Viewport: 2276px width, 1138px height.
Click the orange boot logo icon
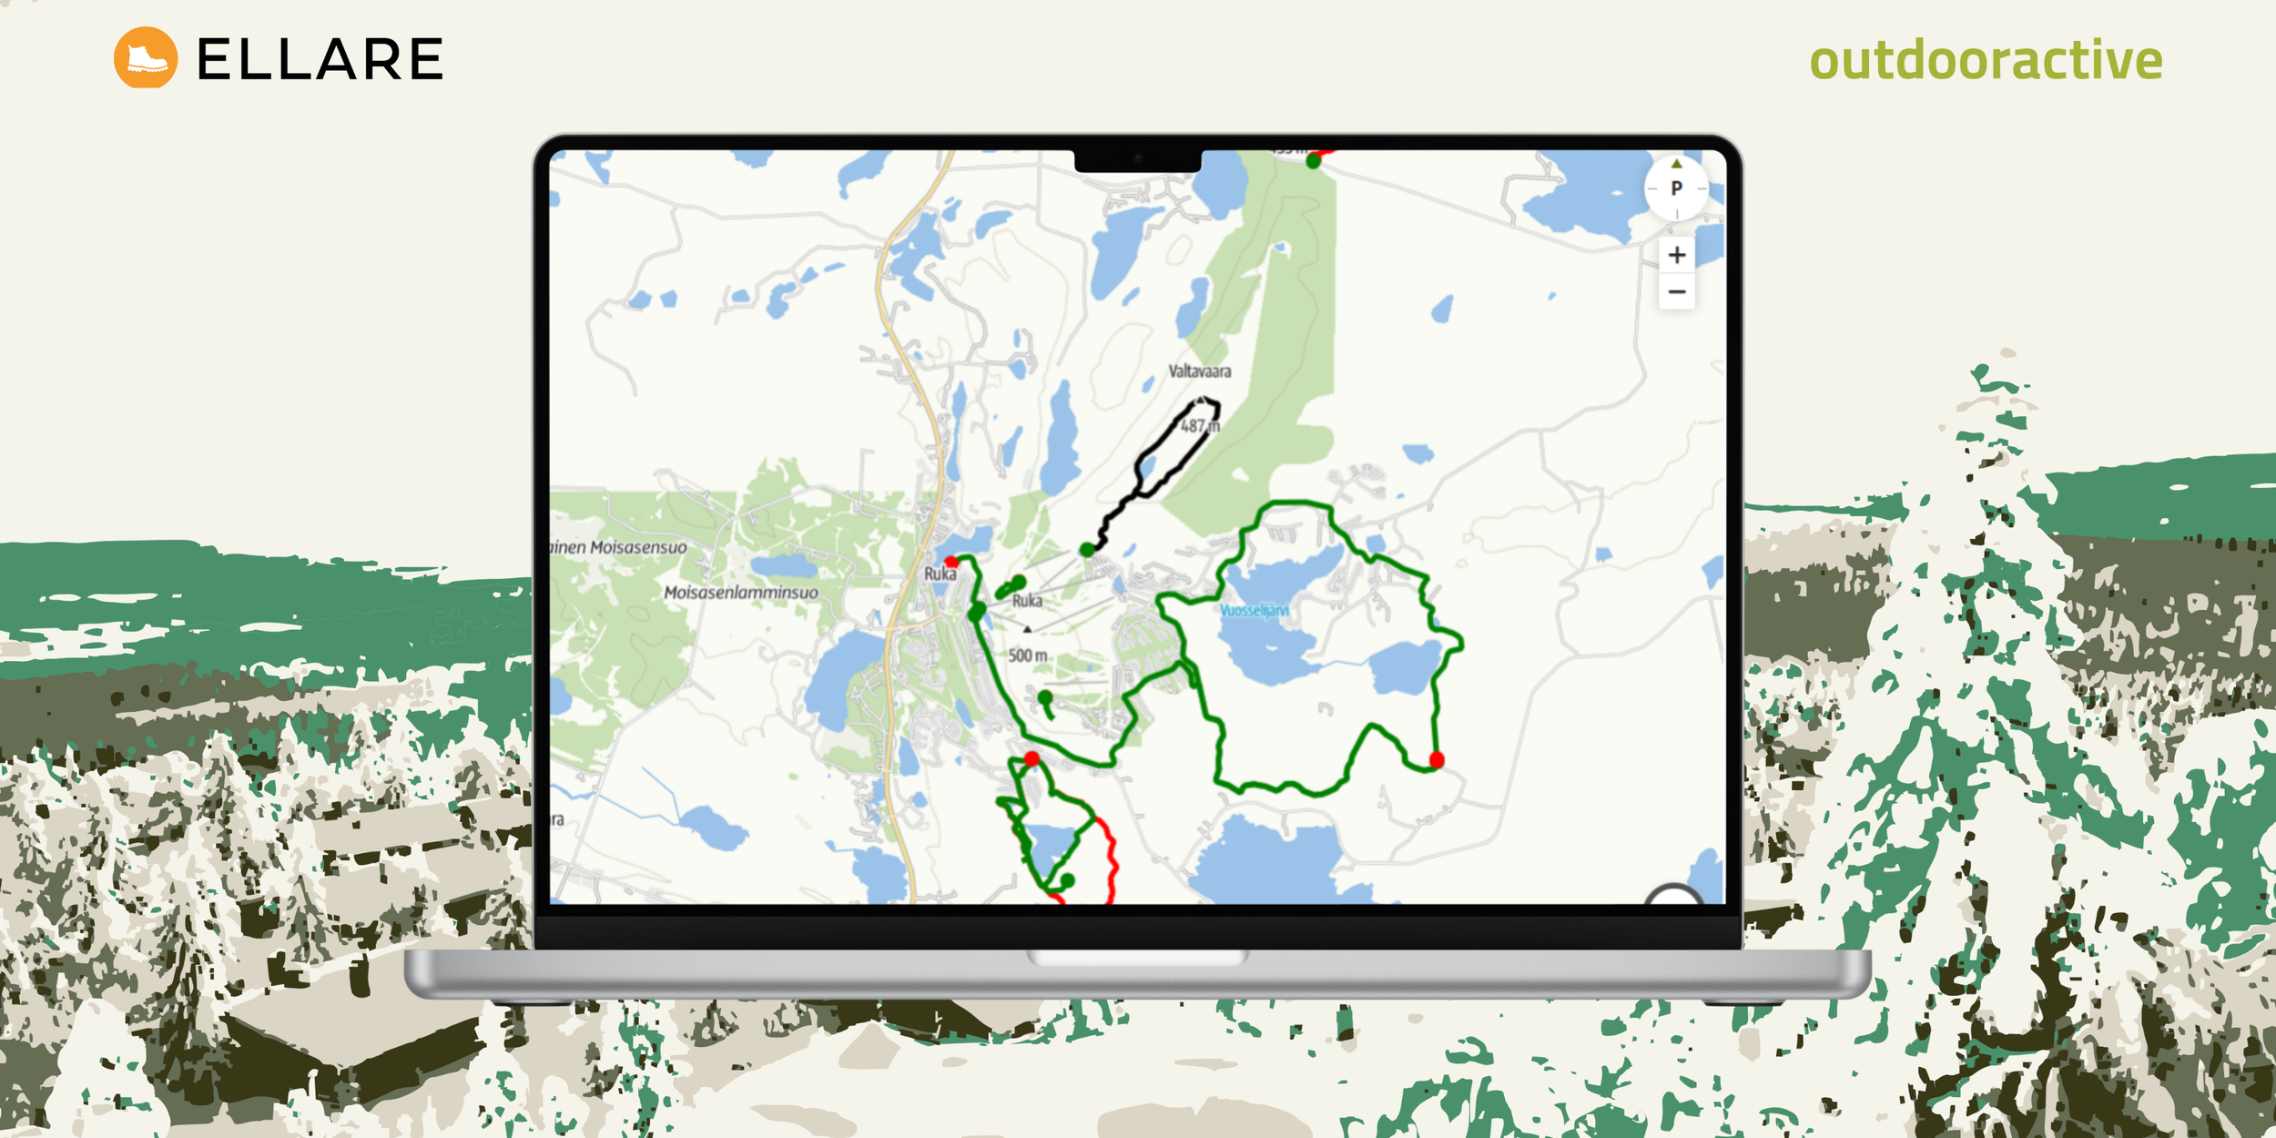tap(146, 57)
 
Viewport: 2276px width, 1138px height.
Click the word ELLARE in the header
tap(320, 60)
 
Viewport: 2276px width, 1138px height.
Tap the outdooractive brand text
tap(1985, 60)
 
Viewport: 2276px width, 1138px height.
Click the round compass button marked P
tap(1676, 188)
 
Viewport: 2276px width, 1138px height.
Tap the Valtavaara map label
tap(1199, 371)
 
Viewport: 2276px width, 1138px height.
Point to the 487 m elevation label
tap(1199, 426)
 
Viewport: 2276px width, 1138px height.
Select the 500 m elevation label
tap(1027, 655)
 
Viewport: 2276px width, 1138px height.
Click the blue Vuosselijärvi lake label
tap(1254, 610)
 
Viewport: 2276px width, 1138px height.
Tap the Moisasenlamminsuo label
tap(740, 593)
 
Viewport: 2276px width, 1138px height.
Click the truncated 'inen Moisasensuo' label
tap(619, 547)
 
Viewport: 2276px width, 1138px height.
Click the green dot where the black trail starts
tap(1087, 550)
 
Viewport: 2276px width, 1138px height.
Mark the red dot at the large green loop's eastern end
tap(1437, 759)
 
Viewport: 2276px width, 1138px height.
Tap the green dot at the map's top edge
tap(1313, 161)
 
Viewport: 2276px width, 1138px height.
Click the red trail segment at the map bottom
tap(1111, 860)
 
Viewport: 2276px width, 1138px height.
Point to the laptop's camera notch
tap(1137, 159)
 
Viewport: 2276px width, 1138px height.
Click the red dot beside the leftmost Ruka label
tap(951, 562)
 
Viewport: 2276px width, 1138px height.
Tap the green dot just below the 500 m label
tap(1045, 697)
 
